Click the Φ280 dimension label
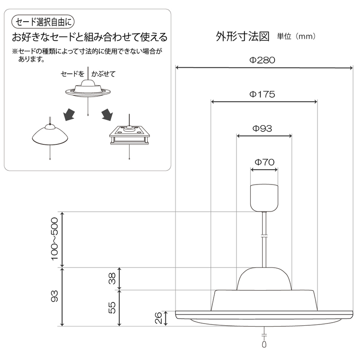tap(262, 60)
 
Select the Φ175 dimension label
tap(262, 94)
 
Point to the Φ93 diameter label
tap(262, 128)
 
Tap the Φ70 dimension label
tap(265, 162)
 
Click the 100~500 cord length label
tap(54, 239)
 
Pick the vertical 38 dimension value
tap(112, 278)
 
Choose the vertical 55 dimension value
tap(112, 308)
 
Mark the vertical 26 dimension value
tap(158, 318)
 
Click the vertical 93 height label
tap(54, 296)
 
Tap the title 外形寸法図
tap(243, 36)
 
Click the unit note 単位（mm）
tap(296, 36)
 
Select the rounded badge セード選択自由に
tap(43, 22)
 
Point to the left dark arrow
tap(69, 114)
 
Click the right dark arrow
tap(107, 114)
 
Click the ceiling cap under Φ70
tap(264, 198)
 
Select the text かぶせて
tap(103, 74)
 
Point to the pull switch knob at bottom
tap(264, 344)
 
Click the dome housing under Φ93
tap(264, 279)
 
